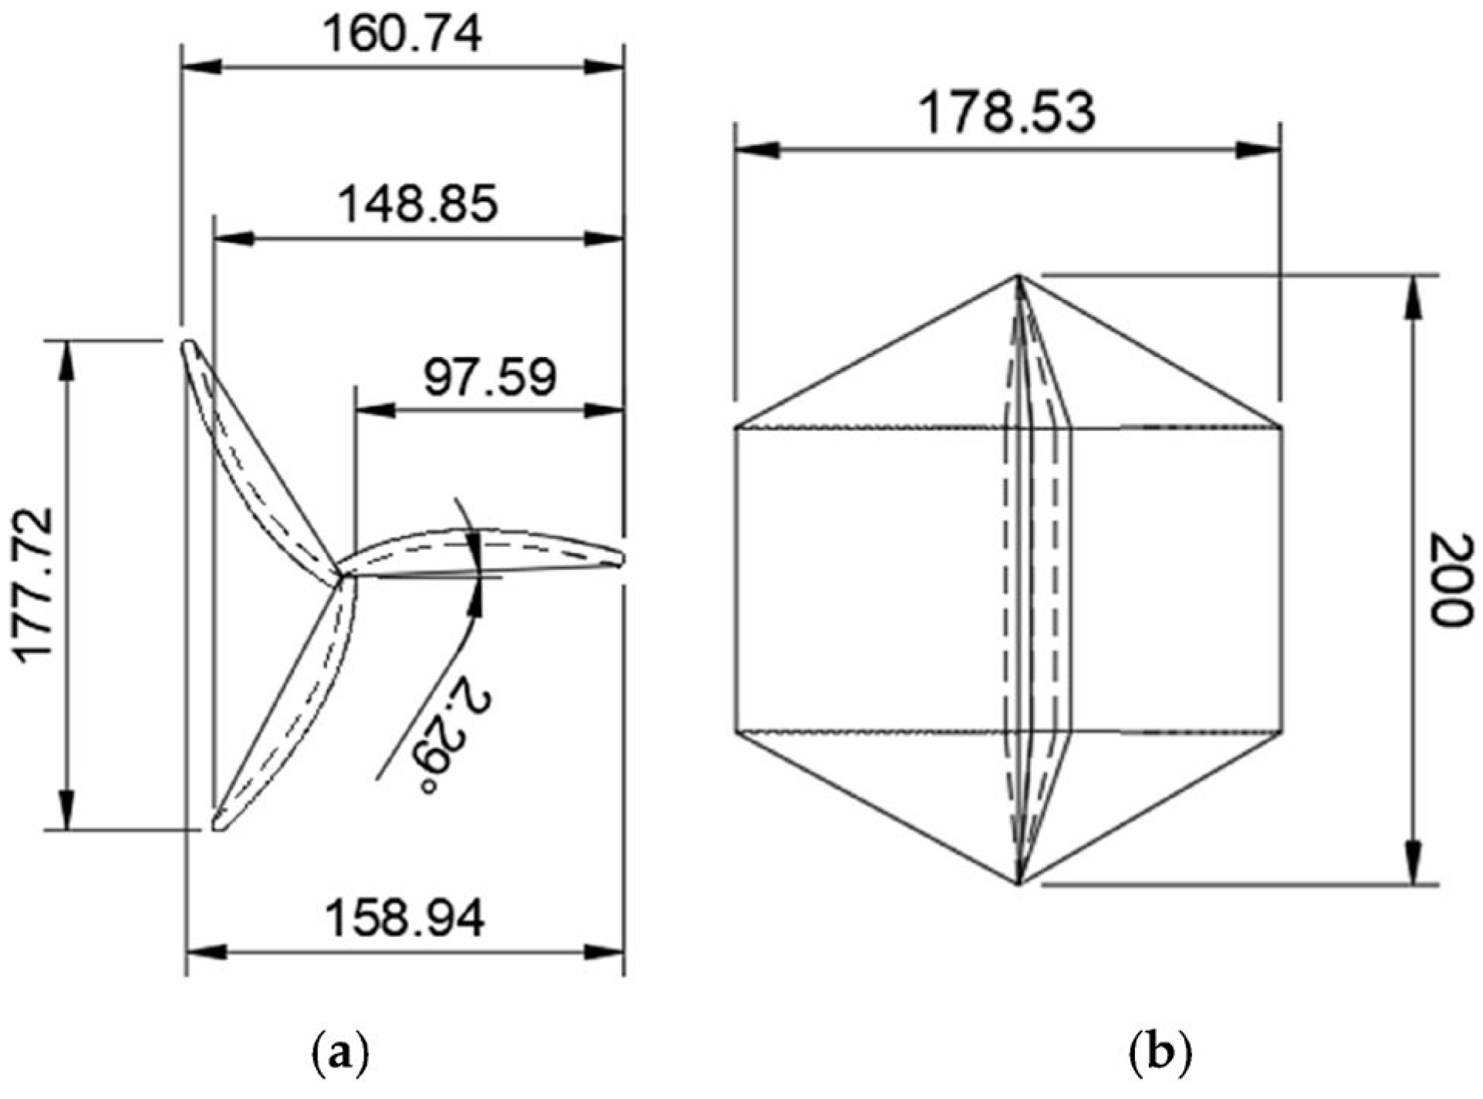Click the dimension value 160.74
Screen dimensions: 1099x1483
click(x=402, y=35)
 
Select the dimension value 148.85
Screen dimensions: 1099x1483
click(x=418, y=205)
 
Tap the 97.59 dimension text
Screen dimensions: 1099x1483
click(x=490, y=378)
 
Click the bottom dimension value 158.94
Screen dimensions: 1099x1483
click(x=405, y=919)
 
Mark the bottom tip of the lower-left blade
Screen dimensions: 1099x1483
click(x=218, y=827)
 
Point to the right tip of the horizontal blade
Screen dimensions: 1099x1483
click(x=621, y=559)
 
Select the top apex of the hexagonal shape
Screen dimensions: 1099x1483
click(x=1019, y=276)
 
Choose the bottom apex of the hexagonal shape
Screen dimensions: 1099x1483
click(x=1019, y=884)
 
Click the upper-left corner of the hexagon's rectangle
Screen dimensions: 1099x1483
click(x=736, y=426)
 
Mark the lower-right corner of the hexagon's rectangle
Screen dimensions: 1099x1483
click(x=1282, y=730)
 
